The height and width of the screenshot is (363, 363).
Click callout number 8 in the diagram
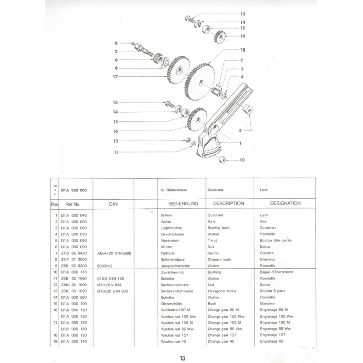tap(116, 43)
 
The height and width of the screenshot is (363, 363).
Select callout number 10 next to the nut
tap(242, 160)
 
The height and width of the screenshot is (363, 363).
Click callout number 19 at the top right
tap(243, 36)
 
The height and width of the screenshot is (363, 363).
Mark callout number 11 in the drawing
tap(116, 152)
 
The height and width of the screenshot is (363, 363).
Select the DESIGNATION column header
tap(285, 204)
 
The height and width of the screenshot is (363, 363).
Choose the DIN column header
tap(113, 205)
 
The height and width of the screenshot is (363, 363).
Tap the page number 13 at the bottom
tap(182, 358)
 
